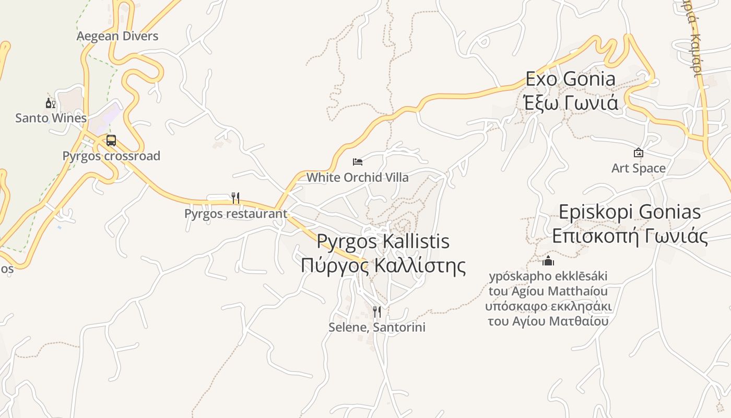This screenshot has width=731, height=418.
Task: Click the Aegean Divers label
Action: click(117, 36)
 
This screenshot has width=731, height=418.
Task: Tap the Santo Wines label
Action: click(51, 118)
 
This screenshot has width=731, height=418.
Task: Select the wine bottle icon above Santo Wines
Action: click(50, 103)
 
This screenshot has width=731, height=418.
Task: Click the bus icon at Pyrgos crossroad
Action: click(111, 141)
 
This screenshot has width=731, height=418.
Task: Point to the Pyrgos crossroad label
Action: click(111, 156)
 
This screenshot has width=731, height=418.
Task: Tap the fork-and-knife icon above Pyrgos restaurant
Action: click(235, 198)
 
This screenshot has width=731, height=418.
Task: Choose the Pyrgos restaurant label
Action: click(235, 214)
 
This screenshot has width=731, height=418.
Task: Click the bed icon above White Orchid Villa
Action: click(358, 162)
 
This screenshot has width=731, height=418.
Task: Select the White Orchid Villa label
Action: click(358, 178)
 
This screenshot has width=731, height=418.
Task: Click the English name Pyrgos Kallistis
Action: click(383, 241)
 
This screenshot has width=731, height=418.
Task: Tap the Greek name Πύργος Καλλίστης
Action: click(383, 265)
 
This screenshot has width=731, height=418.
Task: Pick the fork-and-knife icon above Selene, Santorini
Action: click(376, 312)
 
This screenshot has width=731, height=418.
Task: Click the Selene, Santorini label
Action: click(376, 328)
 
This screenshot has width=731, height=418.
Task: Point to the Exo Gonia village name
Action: click(570, 79)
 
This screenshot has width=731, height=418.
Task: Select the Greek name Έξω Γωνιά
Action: click(570, 102)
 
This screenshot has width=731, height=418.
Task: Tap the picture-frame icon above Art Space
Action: click(638, 153)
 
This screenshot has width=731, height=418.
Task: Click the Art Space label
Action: click(638, 168)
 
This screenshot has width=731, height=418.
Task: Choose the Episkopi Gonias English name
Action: click(629, 212)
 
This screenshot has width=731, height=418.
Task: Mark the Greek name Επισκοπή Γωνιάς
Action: click(629, 236)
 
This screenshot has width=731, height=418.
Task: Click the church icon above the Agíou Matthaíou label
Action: click(548, 261)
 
